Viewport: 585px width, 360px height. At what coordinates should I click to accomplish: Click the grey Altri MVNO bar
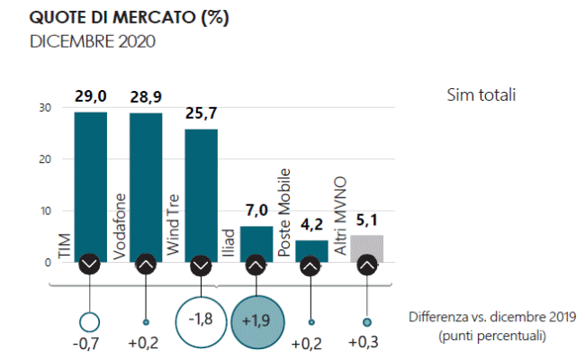[x=366, y=247]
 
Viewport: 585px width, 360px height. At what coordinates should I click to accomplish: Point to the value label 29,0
[x=89, y=94]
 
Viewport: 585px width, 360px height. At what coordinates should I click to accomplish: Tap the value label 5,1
[x=366, y=219]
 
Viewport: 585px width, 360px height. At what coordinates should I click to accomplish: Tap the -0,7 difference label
[x=89, y=344]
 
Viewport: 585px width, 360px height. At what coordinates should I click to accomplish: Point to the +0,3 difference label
[x=366, y=344]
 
